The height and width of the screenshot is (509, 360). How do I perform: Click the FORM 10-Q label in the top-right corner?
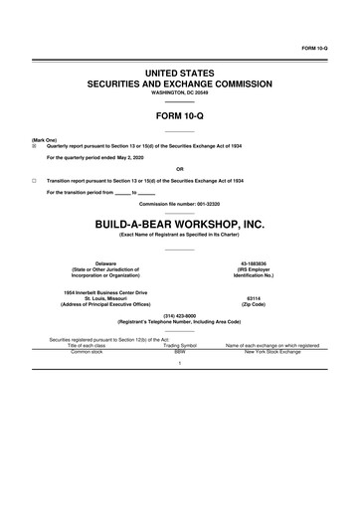tap(328, 47)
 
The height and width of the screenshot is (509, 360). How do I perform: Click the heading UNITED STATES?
tap(180, 75)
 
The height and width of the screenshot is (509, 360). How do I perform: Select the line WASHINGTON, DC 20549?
tap(180, 96)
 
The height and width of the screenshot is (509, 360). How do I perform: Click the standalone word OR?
tap(179, 169)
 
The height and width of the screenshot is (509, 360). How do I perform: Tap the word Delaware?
tap(105, 262)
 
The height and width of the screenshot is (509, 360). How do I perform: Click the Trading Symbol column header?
tap(180, 345)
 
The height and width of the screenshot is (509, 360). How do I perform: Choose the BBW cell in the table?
tap(180, 352)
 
